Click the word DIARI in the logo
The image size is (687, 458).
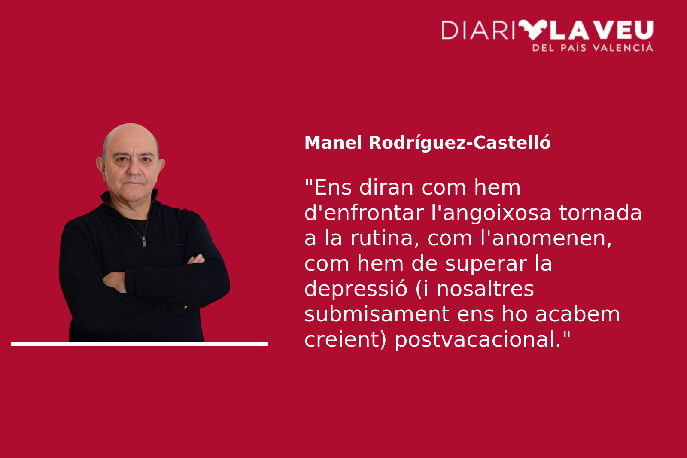(478, 30)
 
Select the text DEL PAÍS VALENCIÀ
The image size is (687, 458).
(593, 48)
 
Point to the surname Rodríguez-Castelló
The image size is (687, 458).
(460, 143)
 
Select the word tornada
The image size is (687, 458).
(601, 212)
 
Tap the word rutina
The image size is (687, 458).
(385, 238)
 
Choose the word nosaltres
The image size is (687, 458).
(485, 289)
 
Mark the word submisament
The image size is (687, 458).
(377, 314)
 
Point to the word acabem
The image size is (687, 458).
(578, 314)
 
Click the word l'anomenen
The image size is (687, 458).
(552, 238)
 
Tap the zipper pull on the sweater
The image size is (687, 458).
(143, 241)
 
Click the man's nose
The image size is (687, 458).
(134, 169)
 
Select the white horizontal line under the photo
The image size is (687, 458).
(140, 344)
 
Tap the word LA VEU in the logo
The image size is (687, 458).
(602, 30)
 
